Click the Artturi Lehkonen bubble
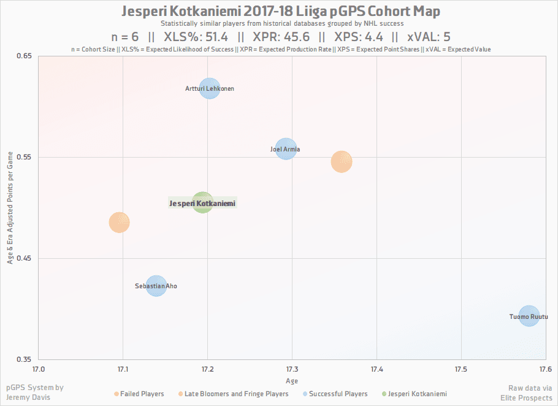click(x=210, y=89)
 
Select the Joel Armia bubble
click(x=286, y=148)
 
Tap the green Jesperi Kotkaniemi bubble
click(x=202, y=202)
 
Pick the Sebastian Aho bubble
click(x=156, y=286)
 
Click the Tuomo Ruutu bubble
click(x=529, y=316)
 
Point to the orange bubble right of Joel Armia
click(x=341, y=162)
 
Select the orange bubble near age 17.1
click(x=120, y=222)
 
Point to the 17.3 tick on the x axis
click(x=292, y=369)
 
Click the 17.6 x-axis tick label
click(x=545, y=369)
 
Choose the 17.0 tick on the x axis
click(x=39, y=369)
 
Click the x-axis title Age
click(x=291, y=380)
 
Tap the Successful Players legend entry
click(x=338, y=394)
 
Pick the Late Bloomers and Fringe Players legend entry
click(x=236, y=394)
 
